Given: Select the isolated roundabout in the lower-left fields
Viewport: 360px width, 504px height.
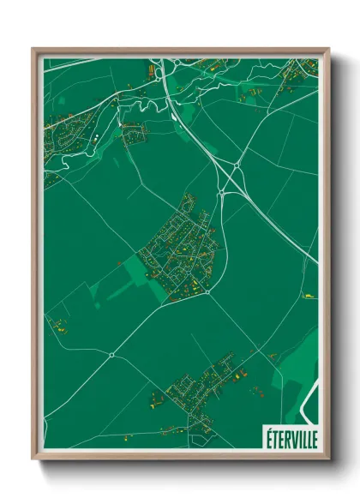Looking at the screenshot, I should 111,353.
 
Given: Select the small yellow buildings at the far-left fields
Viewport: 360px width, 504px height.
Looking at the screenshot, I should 60,325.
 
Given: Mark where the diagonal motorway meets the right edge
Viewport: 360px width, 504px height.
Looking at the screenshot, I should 317,262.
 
